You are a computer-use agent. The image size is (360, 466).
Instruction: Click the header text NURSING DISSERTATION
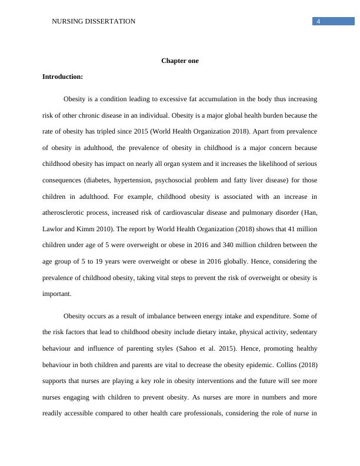[x=94, y=21]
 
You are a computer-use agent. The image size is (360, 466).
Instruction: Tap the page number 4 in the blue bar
[x=318, y=21]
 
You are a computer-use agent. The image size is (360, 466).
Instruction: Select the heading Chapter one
[x=180, y=61]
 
